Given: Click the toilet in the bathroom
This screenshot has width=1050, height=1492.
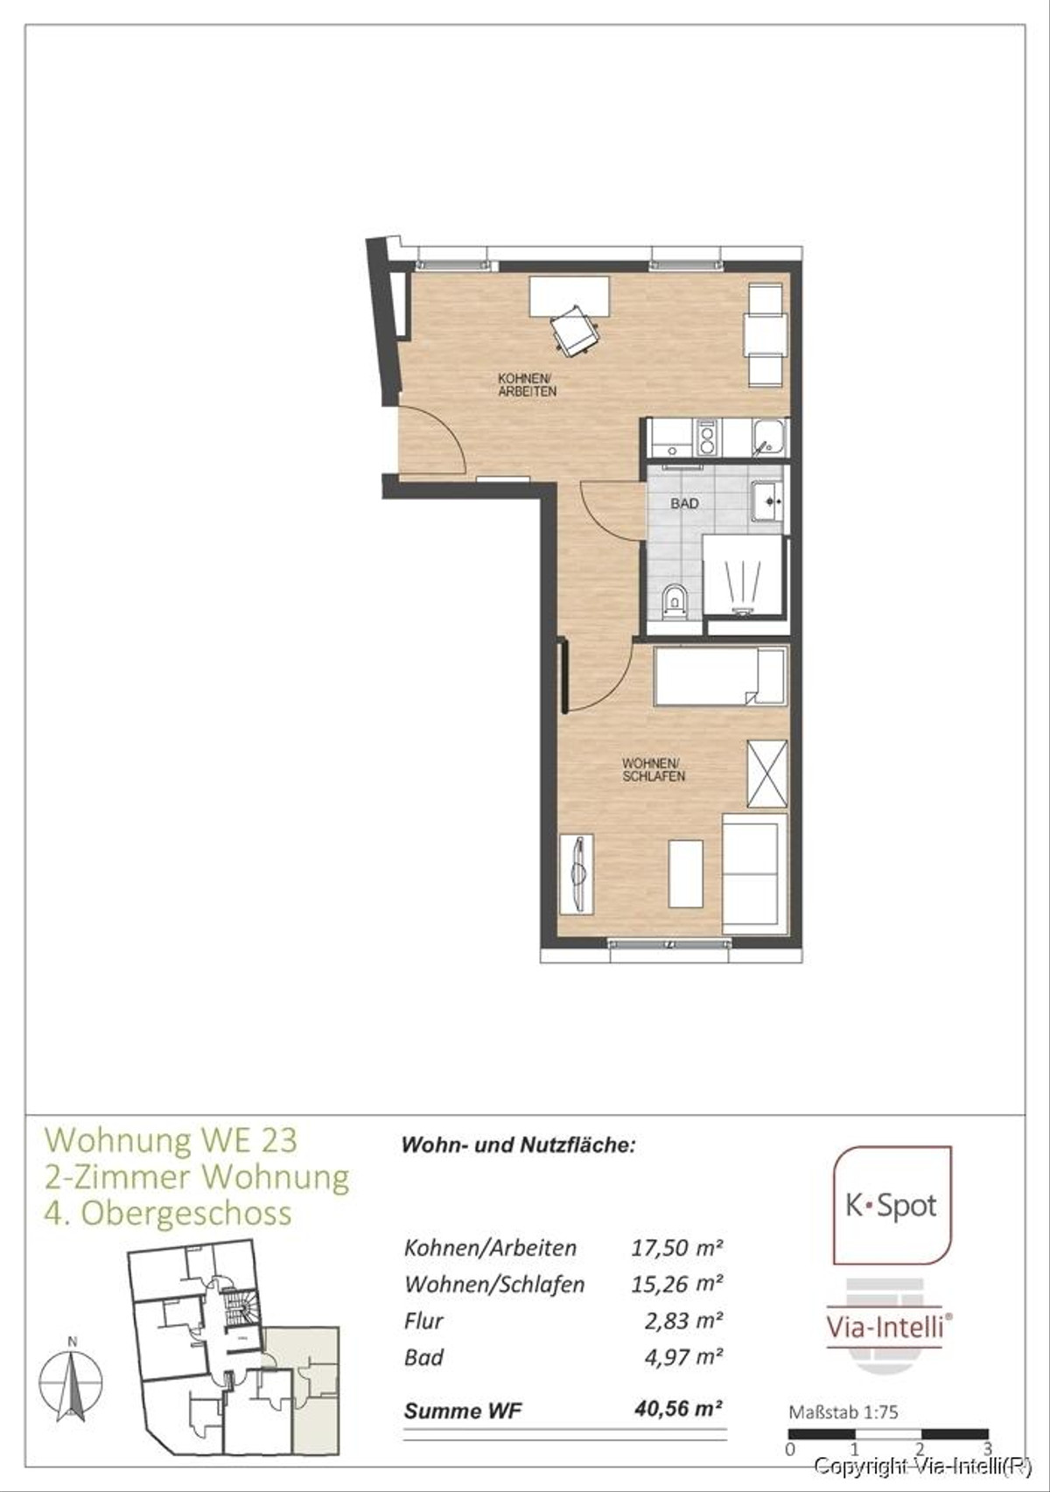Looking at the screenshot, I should click(675, 601).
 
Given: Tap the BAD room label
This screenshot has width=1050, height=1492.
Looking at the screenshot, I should click(684, 504).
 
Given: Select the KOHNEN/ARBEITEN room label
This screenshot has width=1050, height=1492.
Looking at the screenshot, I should click(527, 385).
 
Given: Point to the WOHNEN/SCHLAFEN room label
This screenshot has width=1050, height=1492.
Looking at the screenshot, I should click(654, 770).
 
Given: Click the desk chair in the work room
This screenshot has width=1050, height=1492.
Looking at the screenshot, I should click(575, 332).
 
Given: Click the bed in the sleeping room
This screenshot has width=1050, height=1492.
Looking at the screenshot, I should click(720, 676).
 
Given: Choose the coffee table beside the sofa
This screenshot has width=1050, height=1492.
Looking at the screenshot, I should click(685, 873).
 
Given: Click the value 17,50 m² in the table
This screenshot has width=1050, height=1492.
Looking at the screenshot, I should click(676, 1247).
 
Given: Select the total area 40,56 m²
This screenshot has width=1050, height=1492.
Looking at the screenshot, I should click(678, 1409).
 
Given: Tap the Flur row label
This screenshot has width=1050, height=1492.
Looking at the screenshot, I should click(423, 1320).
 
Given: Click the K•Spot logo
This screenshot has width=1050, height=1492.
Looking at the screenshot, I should click(892, 1206).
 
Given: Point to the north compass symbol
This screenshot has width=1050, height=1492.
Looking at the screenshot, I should click(72, 1384).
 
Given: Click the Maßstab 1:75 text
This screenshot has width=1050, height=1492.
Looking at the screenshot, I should click(843, 1412).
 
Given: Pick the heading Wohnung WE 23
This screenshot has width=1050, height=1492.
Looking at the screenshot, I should click(171, 1140).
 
